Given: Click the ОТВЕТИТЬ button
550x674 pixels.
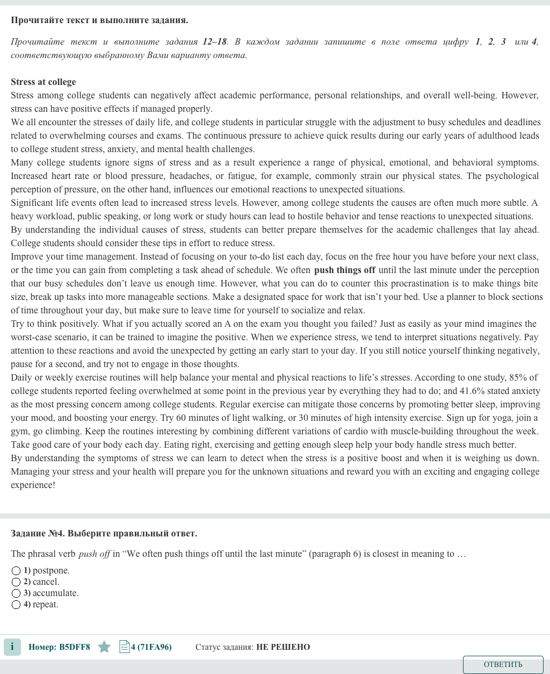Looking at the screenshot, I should coord(503,664).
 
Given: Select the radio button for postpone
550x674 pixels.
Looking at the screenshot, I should coord(16,571).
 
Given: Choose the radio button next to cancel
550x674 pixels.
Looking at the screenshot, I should coord(16,582).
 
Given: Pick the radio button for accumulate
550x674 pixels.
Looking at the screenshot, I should coord(16,593).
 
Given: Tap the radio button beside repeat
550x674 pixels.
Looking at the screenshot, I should coord(16,605).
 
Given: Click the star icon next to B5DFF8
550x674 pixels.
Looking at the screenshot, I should coord(104,647).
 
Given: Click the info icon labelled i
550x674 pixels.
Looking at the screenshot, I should coord(12,647).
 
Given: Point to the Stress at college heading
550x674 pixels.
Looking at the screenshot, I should coord(44,82).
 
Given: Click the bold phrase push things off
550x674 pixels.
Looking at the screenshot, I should coord(344,270).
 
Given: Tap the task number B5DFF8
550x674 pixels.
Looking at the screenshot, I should coord(75,647).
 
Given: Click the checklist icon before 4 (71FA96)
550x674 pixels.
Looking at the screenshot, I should coord(124,647).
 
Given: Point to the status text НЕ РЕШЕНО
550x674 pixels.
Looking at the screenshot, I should coord(283,647).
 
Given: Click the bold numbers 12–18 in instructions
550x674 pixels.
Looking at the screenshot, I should coord(215,41).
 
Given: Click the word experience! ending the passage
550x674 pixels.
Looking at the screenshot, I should coord(33,485).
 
